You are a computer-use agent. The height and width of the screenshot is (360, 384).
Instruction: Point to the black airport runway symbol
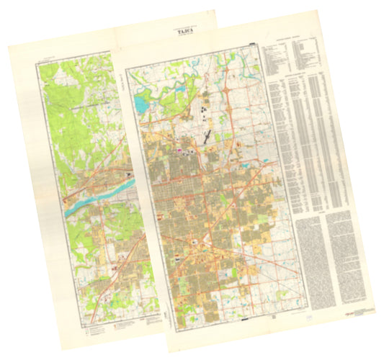click(207, 134)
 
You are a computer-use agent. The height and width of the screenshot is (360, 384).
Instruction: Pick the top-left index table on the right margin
click(278, 58)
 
